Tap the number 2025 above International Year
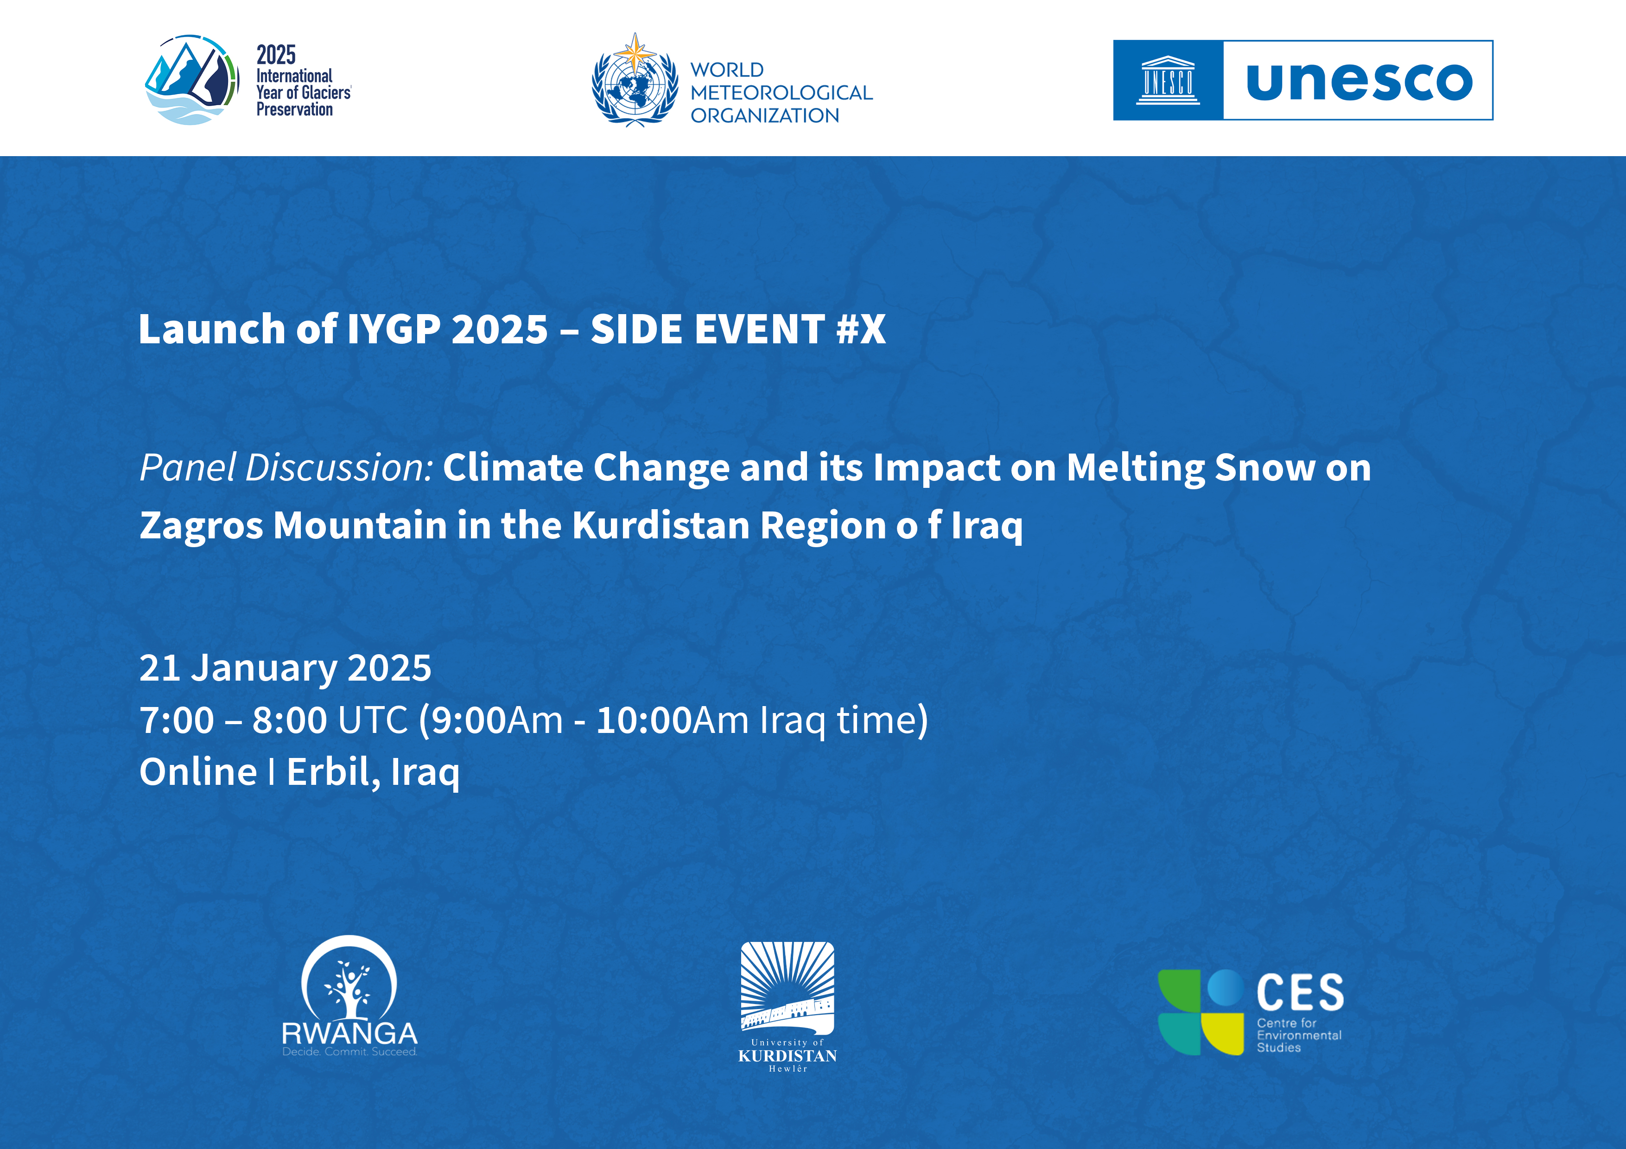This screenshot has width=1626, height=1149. [276, 55]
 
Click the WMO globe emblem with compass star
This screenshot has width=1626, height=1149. [635, 80]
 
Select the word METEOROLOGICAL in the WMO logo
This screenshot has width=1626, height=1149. [781, 93]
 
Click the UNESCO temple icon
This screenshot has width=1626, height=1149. [1168, 80]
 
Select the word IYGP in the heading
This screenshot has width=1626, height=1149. [394, 329]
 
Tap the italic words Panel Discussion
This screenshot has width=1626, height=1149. [286, 468]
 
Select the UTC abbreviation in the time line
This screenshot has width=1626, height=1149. [373, 720]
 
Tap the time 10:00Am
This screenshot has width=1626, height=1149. [672, 720]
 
